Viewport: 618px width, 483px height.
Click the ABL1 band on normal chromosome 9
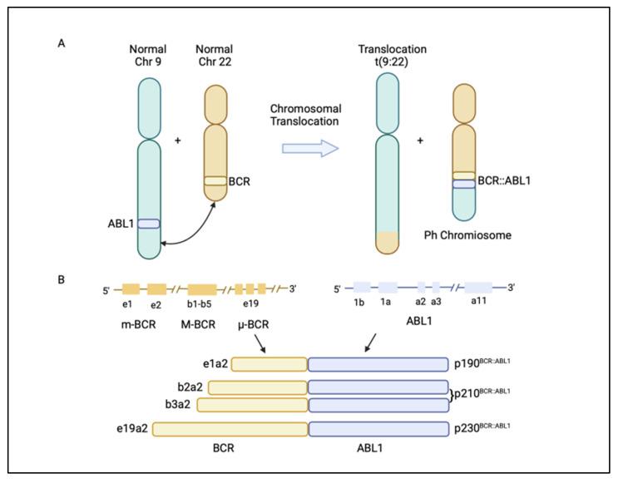pyautogui.click(x=148, y=224)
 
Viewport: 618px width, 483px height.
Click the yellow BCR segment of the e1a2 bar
pyautogui.click(x=269, y=364)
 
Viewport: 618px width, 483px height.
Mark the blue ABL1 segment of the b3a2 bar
pyautogui.click(x=378, y=405)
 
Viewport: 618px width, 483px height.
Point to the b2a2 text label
pyautogui.click(x=190, y=387)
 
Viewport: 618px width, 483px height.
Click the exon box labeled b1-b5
pyautogui.click(x=201, y=288)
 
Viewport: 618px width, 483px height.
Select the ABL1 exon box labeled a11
pyautogui.click(x=478, y=288)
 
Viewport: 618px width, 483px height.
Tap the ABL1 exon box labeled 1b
pyautogui.click(x=362, y=288)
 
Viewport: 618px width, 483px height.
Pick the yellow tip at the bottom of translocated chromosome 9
pyautogui.click(x=388, y=243)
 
